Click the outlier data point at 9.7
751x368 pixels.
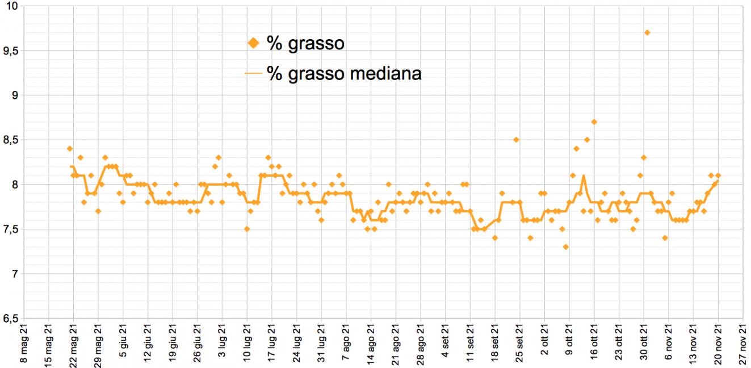coord(647,32)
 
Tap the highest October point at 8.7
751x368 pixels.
coord(594,122)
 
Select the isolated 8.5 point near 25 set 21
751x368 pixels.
coord(516,140)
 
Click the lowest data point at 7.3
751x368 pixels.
coord(565,246)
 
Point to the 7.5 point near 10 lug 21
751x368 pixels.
coord(247,229)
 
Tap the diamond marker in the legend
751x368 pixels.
coord(254,43)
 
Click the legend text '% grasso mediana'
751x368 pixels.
coord(344,73)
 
